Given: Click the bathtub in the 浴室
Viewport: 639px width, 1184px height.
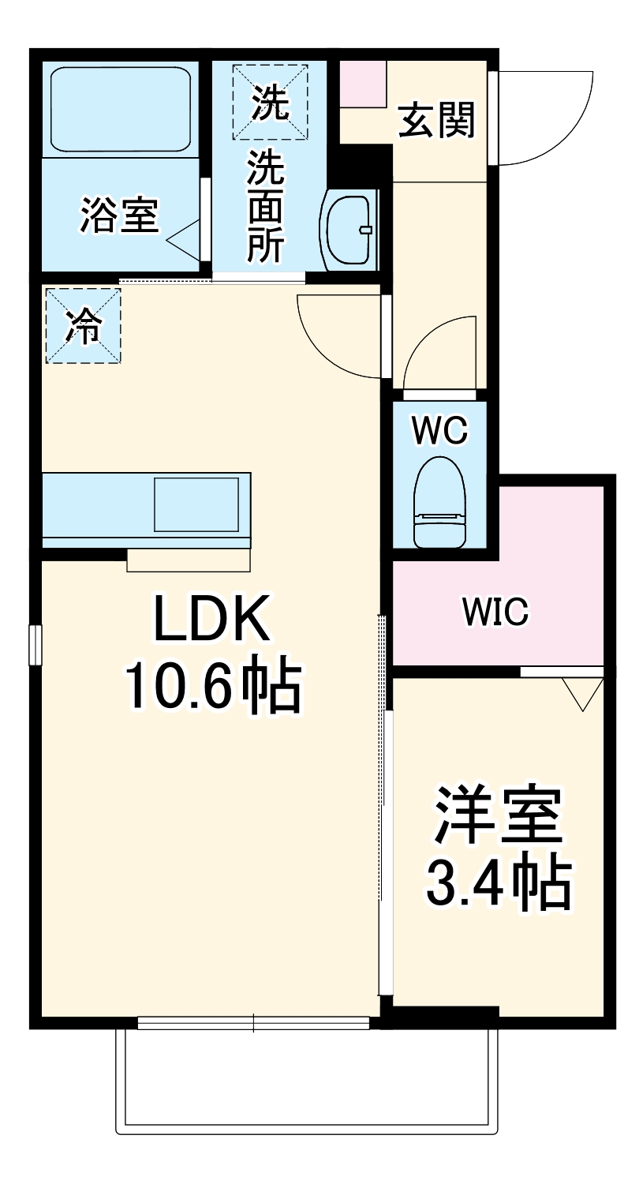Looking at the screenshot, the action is click(121, 110).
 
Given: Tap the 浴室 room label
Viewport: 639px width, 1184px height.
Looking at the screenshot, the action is click(119, 215).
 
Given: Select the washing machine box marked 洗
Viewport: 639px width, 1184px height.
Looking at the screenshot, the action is click(270, 102).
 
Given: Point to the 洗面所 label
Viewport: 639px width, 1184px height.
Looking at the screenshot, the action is click(267, 207).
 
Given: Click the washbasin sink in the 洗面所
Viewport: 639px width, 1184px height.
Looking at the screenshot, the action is click(349, 230).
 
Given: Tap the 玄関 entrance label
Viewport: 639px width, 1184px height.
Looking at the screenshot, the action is click(436, 120).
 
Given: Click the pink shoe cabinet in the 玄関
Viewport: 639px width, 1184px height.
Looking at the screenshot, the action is click(364, 84).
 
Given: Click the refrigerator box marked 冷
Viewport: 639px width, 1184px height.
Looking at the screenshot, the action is click(84, 325).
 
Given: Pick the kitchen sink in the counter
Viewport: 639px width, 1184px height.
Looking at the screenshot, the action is click(196, 504).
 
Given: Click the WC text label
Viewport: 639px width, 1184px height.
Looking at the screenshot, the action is click(440, 431).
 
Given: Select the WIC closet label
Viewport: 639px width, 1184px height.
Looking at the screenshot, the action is click(495, 612).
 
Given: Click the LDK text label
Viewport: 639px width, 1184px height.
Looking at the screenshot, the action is click(211, 618).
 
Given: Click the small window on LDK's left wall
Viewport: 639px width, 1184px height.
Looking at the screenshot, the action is click(35, 645).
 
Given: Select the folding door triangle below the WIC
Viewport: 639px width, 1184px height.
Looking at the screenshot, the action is click(582, 694).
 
